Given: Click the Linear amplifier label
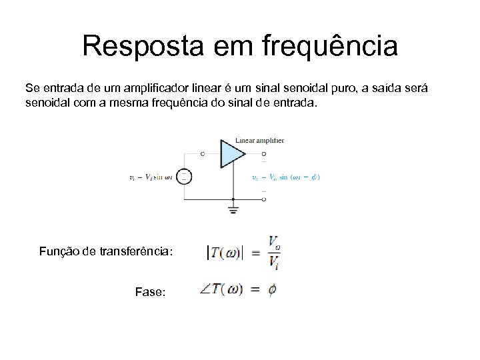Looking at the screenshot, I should tap(260, 140).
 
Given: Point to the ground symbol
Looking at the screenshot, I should tap(233, 210).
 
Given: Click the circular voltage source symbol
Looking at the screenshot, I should tap(185, 176).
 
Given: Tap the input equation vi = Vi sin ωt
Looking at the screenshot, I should tap(151, 177).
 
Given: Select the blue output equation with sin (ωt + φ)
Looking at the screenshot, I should tap(286, 177).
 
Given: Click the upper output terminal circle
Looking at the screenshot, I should tap(264, 153).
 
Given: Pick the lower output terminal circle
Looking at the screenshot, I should tap(264, 199).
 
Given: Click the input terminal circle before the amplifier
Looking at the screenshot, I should tap(203, 153).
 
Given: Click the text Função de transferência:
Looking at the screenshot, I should tap(106, 251).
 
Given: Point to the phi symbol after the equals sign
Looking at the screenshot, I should tap(271, 290).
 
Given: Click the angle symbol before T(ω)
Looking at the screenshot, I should tap(205, 290).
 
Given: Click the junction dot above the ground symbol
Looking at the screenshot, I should tap(233, 199).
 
